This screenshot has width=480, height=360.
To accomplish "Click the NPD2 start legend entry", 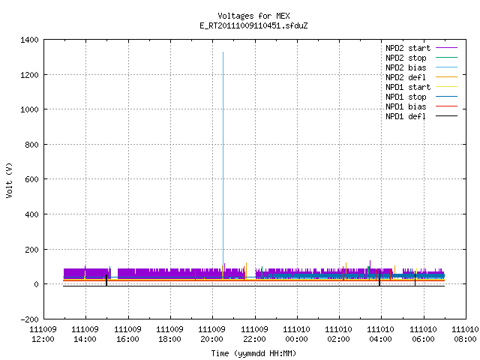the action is (421, 48).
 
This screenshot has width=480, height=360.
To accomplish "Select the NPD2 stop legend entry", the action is (421, 58).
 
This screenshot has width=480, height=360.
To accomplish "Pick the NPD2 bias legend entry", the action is (421, 67).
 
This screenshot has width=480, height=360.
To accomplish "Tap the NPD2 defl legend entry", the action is (421, 77).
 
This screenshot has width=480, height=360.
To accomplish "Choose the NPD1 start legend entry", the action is (421, 87).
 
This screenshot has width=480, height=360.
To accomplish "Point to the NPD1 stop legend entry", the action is (421, 97).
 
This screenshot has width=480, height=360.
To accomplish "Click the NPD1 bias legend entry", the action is (421, 106).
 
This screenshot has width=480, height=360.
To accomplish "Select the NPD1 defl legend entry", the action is (421, 117).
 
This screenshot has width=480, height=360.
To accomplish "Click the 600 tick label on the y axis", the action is (31, 179).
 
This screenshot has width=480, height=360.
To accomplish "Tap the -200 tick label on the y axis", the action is (29, 319).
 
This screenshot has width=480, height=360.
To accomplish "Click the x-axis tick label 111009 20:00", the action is (211, 334).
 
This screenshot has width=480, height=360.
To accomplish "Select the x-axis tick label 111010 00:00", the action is (296, 334).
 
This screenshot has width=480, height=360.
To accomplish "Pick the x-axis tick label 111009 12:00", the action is (43, 334).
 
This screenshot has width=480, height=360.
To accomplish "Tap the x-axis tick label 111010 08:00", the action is (465, 334).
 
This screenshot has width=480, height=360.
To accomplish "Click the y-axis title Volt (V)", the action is (9, 180).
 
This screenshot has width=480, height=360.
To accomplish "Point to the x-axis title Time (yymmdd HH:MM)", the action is (253, 353).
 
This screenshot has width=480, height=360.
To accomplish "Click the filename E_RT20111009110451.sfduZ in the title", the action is (253, 25).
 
